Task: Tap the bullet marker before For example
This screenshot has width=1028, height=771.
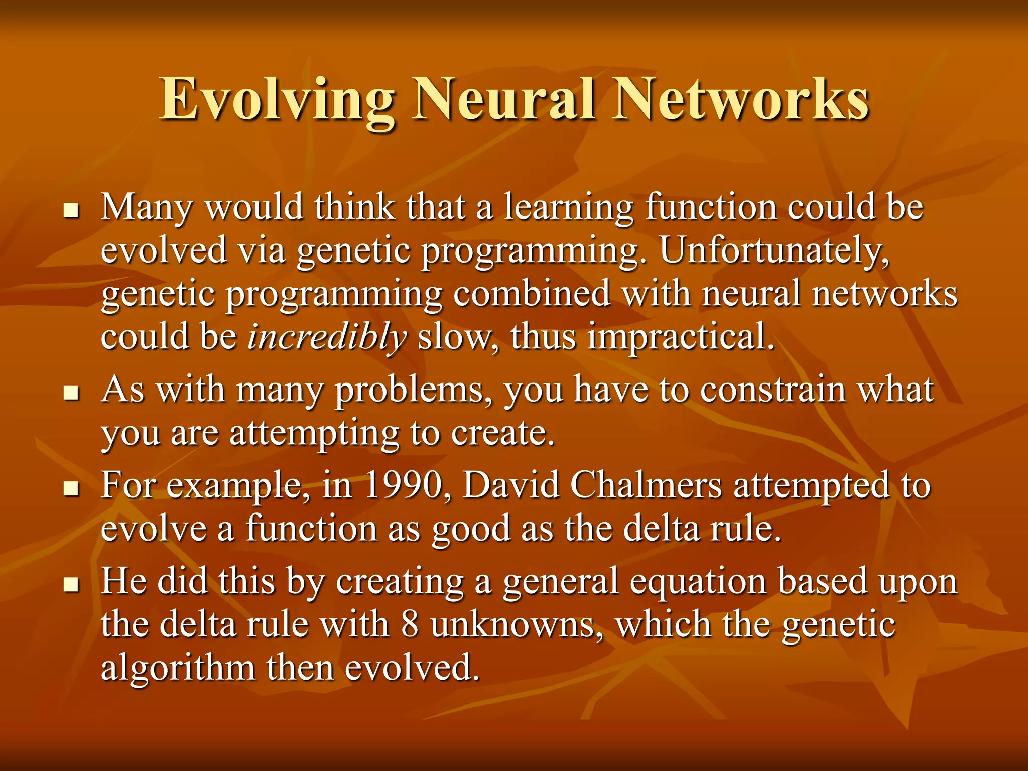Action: pyautogui.click(x=72, y=488)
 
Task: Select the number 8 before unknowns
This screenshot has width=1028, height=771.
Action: pyautogui.click(x=410, y=625)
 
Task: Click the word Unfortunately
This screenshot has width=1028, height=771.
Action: pyautogui.click(x=774, y=250)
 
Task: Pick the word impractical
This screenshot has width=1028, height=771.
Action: pyautogui.click(x=680, y=336)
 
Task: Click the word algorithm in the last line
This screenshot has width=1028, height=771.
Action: pyautogui.click(x=178, y=668)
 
